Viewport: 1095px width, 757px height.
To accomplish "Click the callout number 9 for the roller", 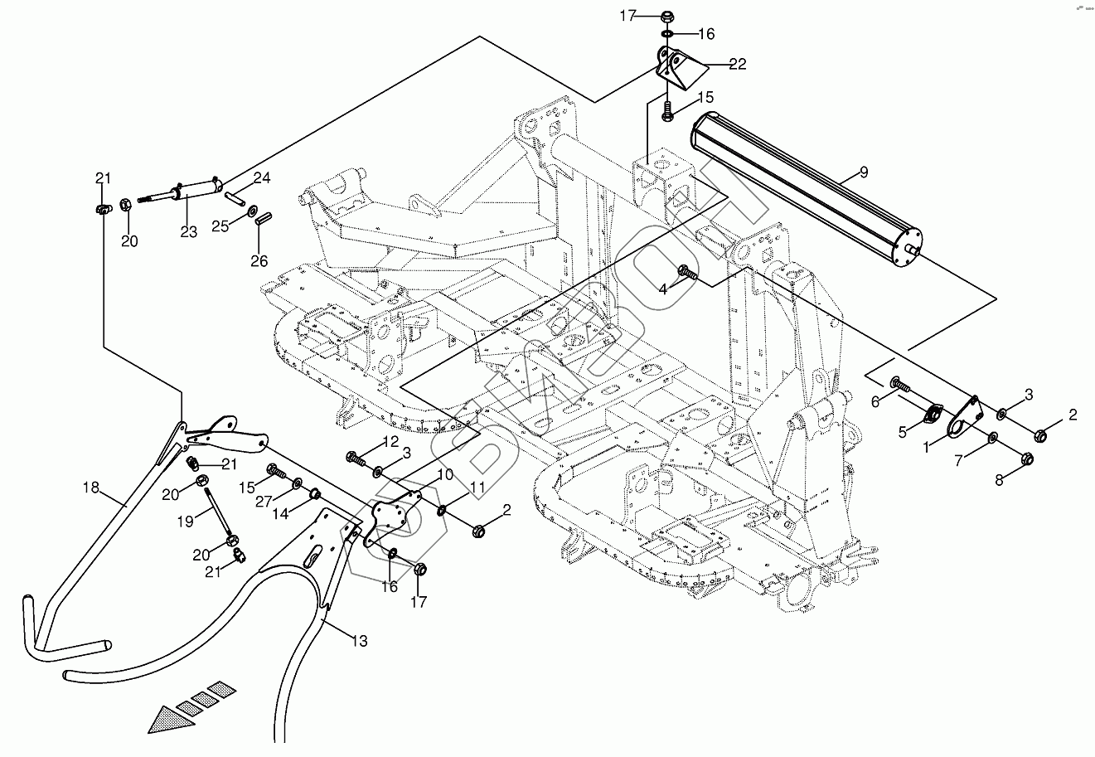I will click(864, 172).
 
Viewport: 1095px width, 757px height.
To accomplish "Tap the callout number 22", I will click(738, 64).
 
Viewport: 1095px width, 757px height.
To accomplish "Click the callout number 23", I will click(188, 232).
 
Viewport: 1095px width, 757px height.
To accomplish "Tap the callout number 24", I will click(262, 177).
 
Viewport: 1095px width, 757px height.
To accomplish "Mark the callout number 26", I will click(259, 261).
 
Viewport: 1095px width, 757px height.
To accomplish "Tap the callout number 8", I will click(1000, 478).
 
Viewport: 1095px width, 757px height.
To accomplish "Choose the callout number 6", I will click(874, 401).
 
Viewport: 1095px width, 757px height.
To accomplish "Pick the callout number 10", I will click(445, 474).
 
